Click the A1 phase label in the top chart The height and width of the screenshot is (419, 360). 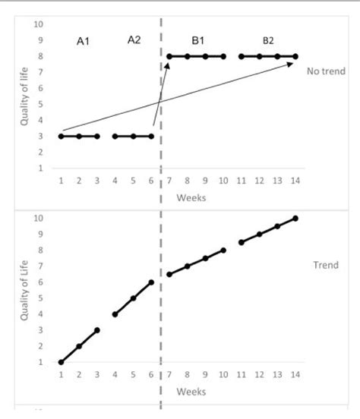(x=84, y=43)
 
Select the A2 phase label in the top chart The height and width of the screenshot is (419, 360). (x=134, y=40)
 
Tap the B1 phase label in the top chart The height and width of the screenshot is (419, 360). (x=197, y=40)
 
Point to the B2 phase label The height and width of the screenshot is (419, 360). (x=268, y=40)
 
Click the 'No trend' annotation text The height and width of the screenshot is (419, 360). (x=326, y=71)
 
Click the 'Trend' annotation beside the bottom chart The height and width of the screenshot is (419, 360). (x=325, y=266)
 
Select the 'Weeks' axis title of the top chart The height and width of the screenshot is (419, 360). (x=191, y=197)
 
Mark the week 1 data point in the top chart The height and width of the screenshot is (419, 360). (x=61, y=137)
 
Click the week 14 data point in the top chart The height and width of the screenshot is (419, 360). (x=295, y=56)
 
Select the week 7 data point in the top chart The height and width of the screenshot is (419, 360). (x=169, y=56)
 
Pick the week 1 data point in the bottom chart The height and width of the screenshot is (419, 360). (x=61, y=362)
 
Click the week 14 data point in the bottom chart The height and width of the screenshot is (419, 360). (x=295, y=219)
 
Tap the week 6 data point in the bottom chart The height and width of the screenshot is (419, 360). (x=151, y=282)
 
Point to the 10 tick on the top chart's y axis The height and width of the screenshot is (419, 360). (x=38, y=24)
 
